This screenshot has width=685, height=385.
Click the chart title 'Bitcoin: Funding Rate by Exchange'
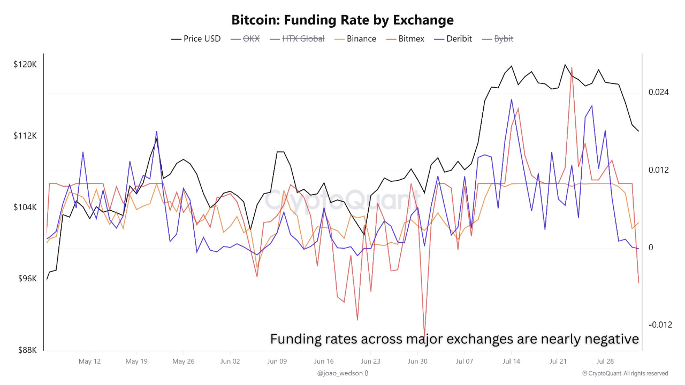point(342,20)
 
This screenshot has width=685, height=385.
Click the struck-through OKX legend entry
point(250,38)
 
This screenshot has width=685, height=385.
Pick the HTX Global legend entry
point(303,38)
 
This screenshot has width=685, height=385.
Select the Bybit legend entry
point(504,38)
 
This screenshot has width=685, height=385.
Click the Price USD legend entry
point(202,38)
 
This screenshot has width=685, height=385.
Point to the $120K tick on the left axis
point(25,64)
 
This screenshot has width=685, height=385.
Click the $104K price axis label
point(25,207)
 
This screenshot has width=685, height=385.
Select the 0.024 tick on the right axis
point(659,93)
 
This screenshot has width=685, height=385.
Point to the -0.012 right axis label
point(660,325)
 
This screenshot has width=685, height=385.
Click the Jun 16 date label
point(324,361)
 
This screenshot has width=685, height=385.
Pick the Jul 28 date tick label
point(605,361)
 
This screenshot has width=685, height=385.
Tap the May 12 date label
point(89,361)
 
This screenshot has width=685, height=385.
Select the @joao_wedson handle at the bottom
point(339,373)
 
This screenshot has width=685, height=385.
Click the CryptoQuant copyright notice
point(625,373)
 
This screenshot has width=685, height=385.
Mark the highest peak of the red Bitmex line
point(572,67)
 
